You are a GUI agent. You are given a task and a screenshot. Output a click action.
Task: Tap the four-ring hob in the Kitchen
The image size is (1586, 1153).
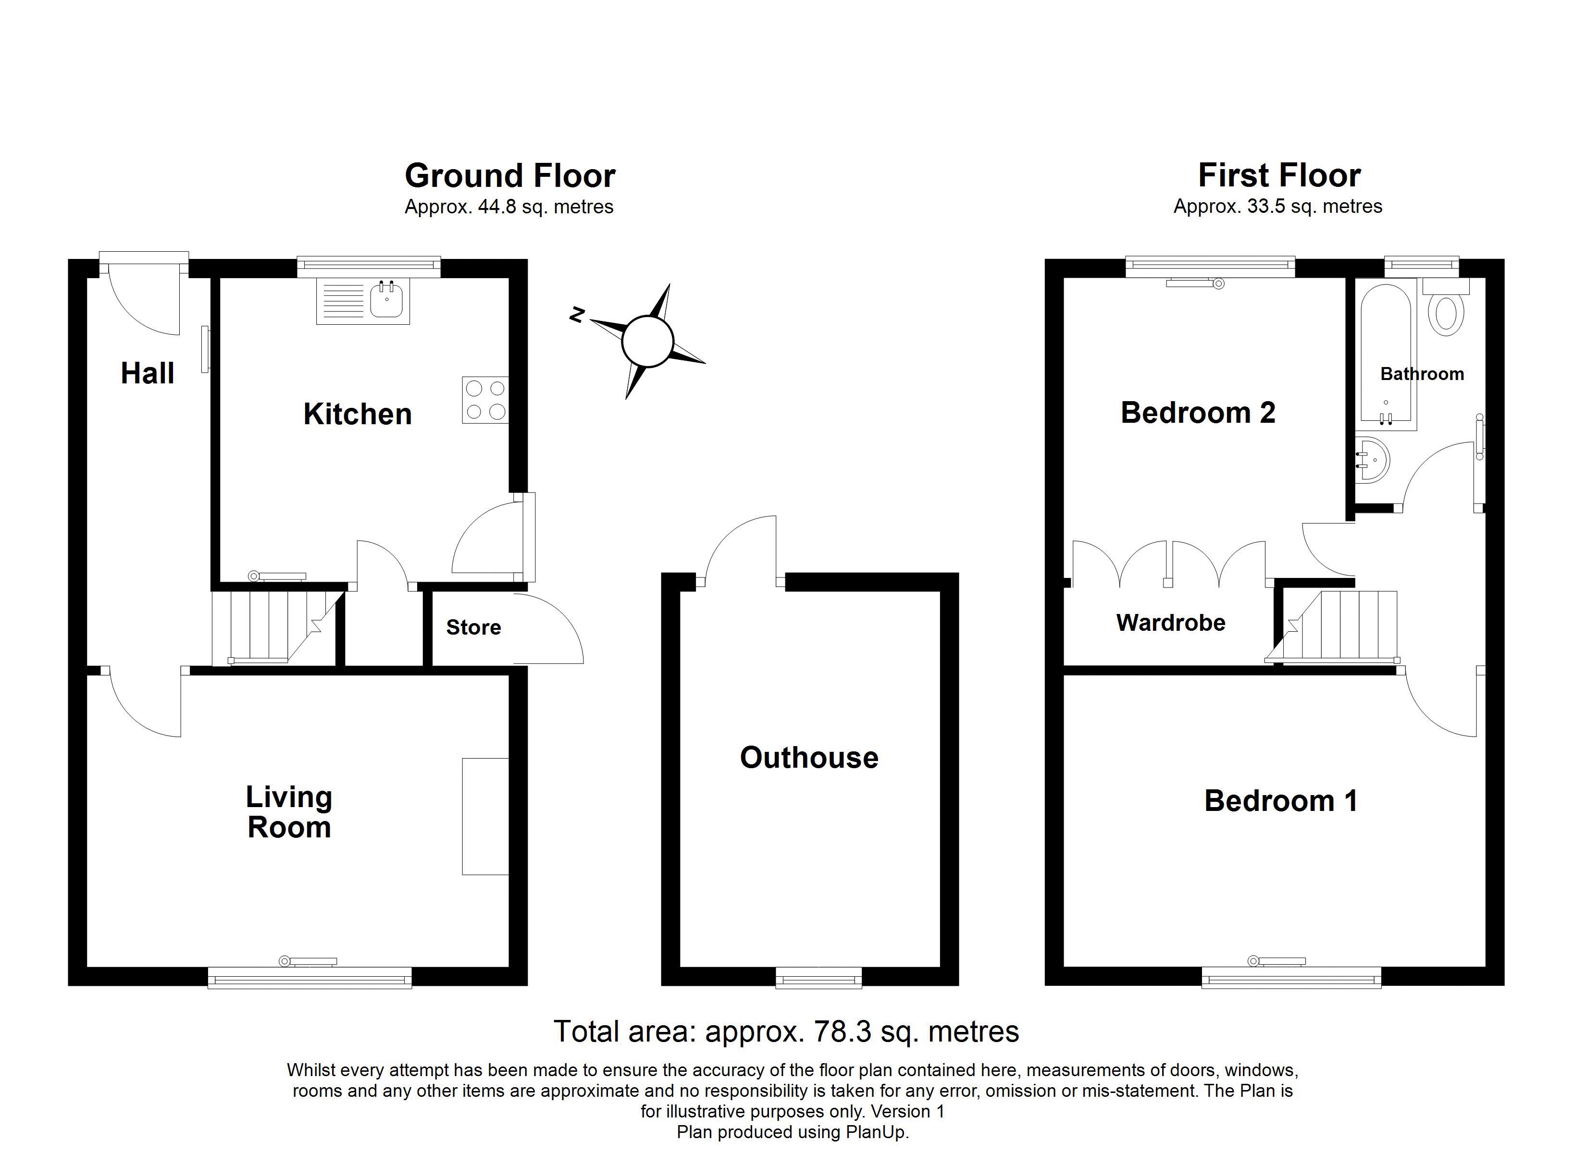pyautogui.click(x=485, y=400)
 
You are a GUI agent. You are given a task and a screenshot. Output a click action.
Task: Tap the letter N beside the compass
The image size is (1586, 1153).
pyautogui.click(x=577, y=315)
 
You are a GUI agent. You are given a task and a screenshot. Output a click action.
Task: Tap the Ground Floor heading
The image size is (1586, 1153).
pyautogui.click(x=510, y=175)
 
